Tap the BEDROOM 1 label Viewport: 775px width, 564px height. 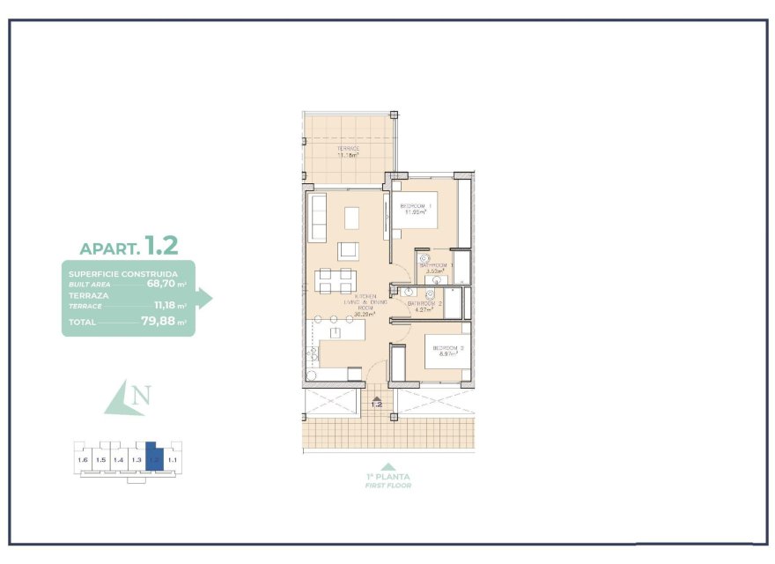coord(416,206)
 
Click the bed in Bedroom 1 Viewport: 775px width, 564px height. coord(421,210)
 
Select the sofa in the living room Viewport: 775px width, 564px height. coord(317,220)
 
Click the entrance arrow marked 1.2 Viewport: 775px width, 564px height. coord(377,403)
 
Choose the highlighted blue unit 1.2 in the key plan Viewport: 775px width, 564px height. coord(154,457)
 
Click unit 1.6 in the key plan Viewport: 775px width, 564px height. coord(83,460)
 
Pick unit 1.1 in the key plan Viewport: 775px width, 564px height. coord(173,460)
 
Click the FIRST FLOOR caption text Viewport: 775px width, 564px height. coord(388,486)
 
